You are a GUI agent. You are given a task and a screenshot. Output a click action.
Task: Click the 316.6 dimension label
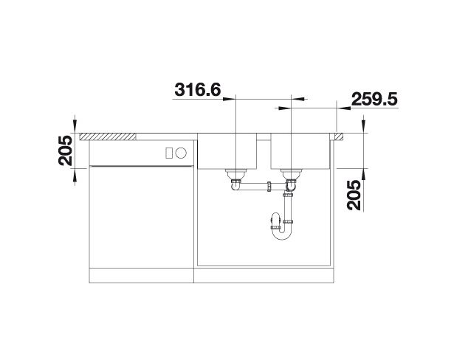point(198,89)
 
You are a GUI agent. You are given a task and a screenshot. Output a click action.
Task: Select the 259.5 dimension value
point(374,99)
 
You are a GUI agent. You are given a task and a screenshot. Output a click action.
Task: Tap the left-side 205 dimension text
point(66,150)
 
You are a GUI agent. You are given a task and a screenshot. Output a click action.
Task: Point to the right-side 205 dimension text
point(354,195)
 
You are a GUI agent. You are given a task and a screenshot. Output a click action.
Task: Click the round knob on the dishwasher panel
point(181,153)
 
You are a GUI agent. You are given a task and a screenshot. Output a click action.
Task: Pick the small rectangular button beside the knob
point(169,153)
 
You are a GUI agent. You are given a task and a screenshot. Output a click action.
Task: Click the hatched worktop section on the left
point(108,136)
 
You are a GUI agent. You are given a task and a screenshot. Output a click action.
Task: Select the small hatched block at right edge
point(339,136)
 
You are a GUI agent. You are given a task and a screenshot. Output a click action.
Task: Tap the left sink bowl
point(227,151)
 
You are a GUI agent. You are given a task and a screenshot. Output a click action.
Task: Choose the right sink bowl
point(300,151)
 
